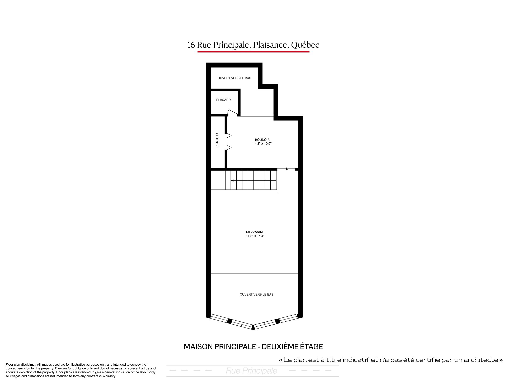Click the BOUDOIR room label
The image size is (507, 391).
[262, 140]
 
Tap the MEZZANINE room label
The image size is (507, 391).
[255, 232]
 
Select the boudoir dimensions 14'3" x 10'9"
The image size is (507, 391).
[262, 144]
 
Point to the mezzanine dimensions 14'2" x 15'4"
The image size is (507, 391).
[255, 236]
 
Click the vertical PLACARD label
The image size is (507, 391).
[217, 140]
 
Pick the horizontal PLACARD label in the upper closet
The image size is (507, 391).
[223, 100]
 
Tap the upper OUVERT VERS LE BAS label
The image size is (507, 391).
[234, 78]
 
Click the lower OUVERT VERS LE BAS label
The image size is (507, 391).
[256, 295]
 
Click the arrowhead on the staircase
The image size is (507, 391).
[232, 181]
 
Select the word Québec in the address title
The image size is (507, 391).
[305, 45]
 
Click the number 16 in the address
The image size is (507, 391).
[191, 45]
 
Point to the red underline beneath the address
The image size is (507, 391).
[253, 52]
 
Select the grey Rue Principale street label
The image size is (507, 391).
[251, 371]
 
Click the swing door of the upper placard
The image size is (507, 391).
[233, 113]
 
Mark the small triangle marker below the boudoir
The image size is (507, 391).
[287, 169]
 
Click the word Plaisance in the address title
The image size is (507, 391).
[270, 45]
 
